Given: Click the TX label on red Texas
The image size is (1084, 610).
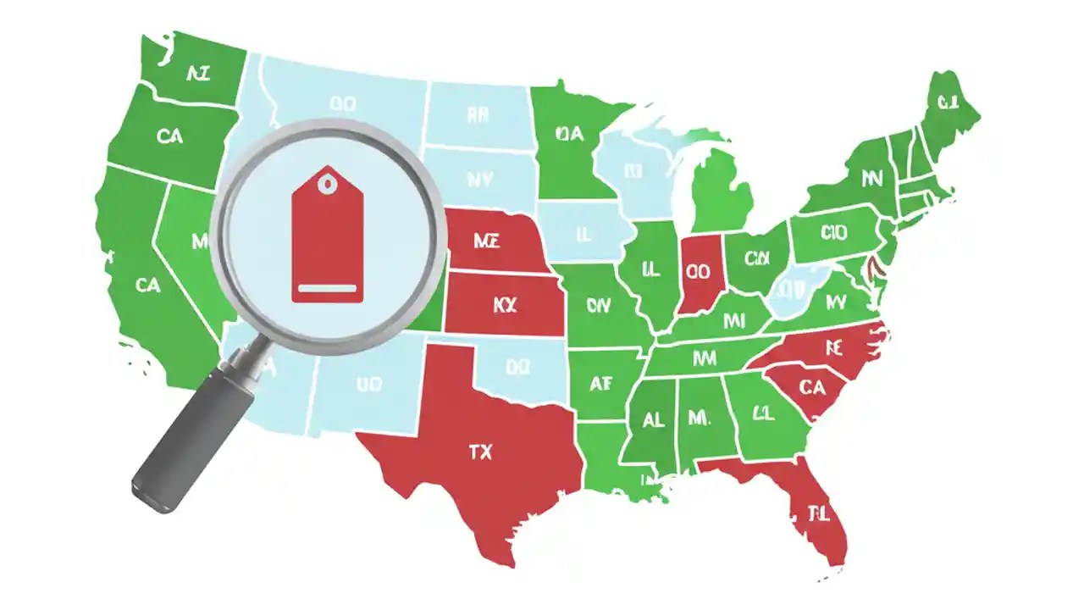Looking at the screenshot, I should [480, 452].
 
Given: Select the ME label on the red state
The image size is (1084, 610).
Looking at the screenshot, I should [486, 241].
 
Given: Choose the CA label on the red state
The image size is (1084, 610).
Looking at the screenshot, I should [811, 387].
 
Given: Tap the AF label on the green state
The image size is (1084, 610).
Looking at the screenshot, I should [600, 384].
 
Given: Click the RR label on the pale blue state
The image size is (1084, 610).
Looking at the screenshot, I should [476, 115].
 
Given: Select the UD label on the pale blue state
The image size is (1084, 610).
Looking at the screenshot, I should [369, 385].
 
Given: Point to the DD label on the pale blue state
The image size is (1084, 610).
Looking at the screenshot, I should [517, 367].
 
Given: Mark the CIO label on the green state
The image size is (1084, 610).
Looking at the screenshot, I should [834, 232].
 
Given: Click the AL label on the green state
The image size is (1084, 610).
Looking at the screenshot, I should [653, 419].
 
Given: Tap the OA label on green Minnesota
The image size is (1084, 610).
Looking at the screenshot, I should [570, 133].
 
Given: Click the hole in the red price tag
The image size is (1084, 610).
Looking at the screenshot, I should [327, 180].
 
